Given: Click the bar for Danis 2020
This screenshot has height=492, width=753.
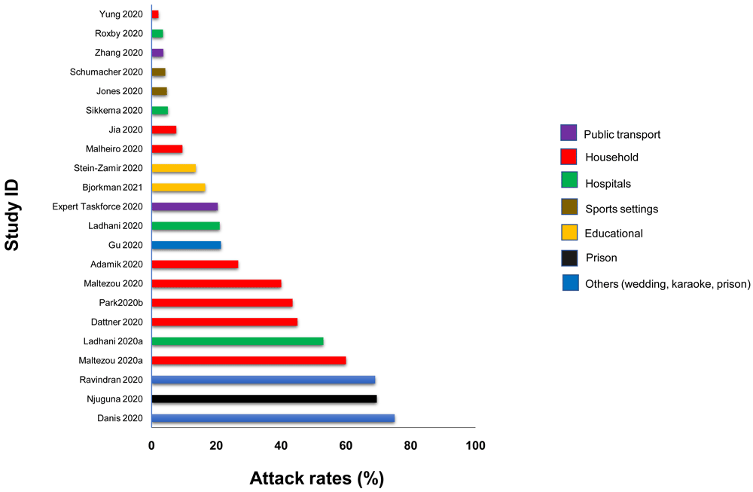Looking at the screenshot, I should click(273, 418).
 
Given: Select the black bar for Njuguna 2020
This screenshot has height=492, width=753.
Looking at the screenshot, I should click(264, 399).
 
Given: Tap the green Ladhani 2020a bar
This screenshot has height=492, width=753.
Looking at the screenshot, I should click(237, 341).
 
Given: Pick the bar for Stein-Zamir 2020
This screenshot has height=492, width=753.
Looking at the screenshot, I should click(174, 168).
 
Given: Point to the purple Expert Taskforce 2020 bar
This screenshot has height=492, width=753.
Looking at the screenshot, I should click(184, 206).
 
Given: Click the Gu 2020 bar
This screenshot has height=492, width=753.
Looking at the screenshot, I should click(186, 245).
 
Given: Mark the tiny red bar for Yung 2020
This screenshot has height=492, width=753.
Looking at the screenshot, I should click(155, 14).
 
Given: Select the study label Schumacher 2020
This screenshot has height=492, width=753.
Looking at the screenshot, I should click(106, 72).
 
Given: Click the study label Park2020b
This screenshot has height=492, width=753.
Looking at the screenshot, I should click(116, 303).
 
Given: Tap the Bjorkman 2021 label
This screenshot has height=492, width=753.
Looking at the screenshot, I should click(112, 187).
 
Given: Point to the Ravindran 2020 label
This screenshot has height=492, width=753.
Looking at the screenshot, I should click(111, 380).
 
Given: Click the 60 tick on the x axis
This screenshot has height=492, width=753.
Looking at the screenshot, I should click(346, 445).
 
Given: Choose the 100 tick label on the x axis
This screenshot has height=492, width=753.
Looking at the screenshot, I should click(475, 445).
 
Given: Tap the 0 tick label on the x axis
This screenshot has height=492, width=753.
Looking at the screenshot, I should click(151, 445).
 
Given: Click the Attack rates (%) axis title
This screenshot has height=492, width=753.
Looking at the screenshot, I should click(316, 478).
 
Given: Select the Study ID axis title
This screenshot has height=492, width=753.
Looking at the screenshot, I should click(13, 215).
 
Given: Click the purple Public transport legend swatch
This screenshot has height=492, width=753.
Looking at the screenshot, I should click(569, 133).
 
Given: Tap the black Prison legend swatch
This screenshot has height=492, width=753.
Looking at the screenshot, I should click(569, 258).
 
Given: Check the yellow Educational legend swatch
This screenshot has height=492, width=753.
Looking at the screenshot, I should click(569, 233).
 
